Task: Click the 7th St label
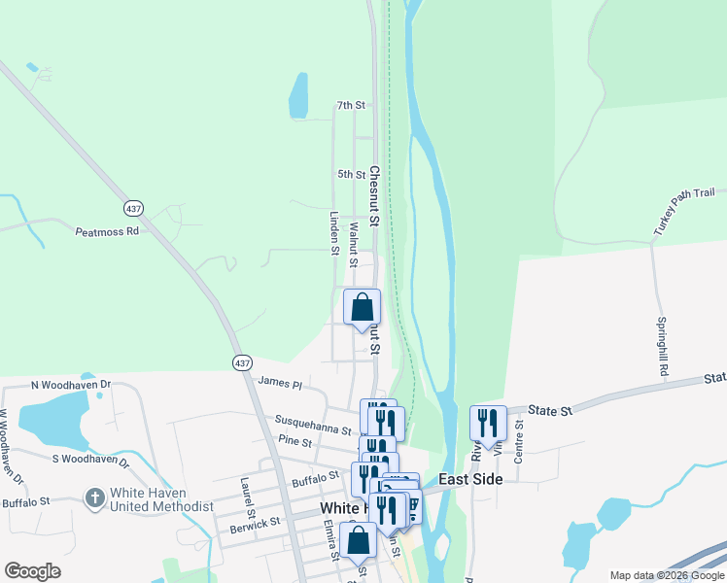(x=350, y=105)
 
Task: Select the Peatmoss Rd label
(x=107, y=232)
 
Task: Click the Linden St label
(x=334, y=234)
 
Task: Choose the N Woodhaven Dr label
(x=71, y=386)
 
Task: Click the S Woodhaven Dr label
(x=90, y=459)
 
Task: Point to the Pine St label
(x=294, y=442)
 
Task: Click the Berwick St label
(x=255, y=523)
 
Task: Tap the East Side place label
(x=470, y=479)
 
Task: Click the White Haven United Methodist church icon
(x=94, y=498)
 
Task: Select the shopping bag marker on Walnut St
(x=362, y=307)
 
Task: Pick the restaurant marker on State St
(x=488, y=423)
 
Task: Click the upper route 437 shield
(x=134, y=208)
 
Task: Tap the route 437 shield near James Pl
(x=242, y=362)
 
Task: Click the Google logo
(x=32, y=571)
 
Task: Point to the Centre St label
(x=519, y=440)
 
